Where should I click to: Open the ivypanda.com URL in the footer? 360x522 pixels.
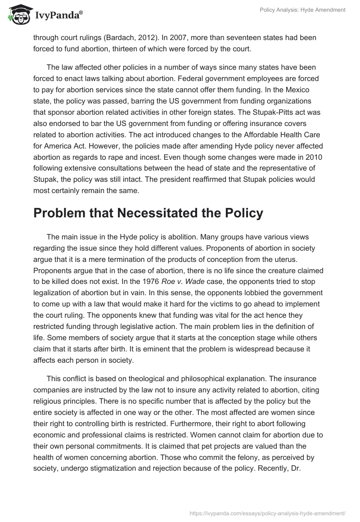pyautogui.click(x=268, y=513)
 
